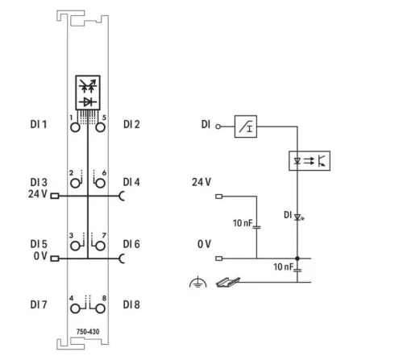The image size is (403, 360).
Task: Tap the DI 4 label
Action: [132, 183]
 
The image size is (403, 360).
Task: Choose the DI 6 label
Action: [132, 244]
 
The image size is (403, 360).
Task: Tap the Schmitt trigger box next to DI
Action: [246, 125]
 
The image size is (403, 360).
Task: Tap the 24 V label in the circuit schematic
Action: [201, 182]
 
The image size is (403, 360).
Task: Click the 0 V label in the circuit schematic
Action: [203, 243]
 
